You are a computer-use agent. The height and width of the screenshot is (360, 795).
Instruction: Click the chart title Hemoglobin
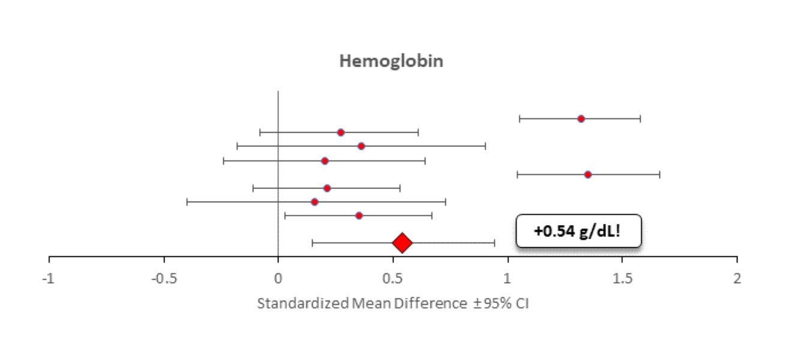391,62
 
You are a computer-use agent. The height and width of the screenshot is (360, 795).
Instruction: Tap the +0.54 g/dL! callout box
578,230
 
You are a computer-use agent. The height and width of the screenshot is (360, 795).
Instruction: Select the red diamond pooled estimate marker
402,243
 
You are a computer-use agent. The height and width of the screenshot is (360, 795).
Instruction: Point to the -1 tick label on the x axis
49,278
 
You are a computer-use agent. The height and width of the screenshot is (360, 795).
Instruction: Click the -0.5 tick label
164,278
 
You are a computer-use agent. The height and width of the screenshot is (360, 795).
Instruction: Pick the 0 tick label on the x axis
278,278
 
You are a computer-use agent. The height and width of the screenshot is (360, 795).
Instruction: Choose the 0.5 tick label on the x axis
392,278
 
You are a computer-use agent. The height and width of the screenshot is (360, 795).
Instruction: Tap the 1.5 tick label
622,278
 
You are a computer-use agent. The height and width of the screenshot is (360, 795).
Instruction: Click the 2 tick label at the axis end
737,278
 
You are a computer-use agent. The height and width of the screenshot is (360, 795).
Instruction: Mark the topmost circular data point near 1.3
581,119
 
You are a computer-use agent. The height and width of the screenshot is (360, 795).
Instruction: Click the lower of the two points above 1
587,175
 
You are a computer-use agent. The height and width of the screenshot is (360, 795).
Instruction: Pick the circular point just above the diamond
359,215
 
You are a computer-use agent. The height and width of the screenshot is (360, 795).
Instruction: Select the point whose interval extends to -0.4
314,202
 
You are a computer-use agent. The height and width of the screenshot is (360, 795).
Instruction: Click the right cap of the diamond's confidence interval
494,243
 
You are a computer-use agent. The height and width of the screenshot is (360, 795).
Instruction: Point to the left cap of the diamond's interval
312,243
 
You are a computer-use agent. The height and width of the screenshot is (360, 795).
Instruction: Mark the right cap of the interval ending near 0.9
485,146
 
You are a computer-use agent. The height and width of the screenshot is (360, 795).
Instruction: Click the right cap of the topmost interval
640,119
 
